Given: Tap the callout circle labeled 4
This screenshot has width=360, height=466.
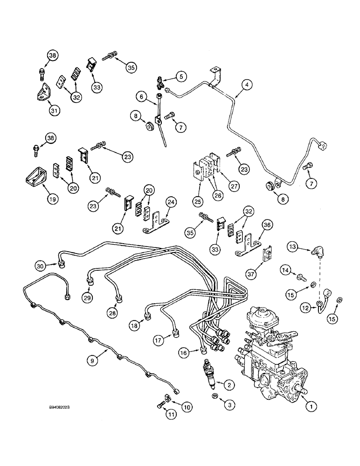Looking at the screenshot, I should pos(246,84).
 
